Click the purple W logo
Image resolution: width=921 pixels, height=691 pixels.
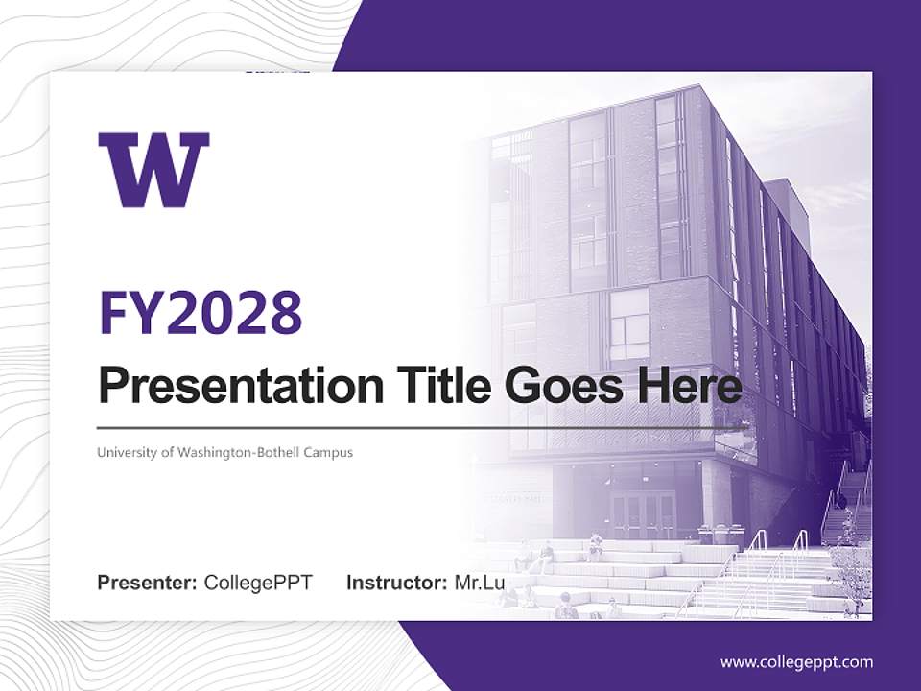[x=153, y=170]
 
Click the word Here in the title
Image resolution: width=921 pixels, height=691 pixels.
[x=689, y=386]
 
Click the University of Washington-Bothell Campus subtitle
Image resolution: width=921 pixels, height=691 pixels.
[x=224, y=452]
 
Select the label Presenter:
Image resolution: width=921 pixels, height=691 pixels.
[x=148, y=583]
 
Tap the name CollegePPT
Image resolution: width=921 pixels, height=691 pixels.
[x=258, y=583]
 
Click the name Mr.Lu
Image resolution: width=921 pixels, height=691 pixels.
[x=480, y=583]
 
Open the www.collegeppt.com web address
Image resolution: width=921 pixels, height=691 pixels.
[x=796, y=662]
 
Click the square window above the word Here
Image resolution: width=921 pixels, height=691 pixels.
[x=629, y=323]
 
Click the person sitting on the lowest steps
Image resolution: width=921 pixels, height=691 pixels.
[x=566, y=606]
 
